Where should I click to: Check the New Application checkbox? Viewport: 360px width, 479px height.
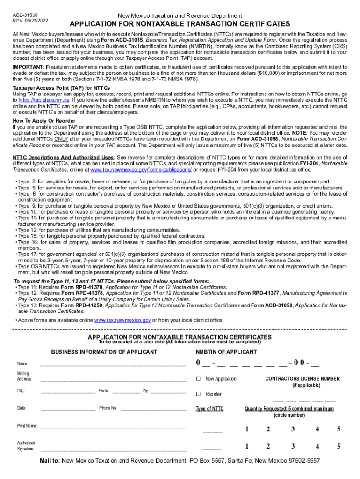(198, 379)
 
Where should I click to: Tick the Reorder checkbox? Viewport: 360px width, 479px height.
(198, 394)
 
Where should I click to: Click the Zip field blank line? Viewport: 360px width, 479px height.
(168, 391)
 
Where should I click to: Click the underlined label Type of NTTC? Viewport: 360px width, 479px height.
(209, 409)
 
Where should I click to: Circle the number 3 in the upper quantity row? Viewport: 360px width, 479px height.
(293, 429)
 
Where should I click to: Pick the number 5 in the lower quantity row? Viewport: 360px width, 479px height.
(338, 446)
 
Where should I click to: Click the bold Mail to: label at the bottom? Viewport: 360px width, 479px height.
(50, 461)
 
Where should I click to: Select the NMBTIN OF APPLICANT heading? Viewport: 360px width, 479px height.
(226, 352)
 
